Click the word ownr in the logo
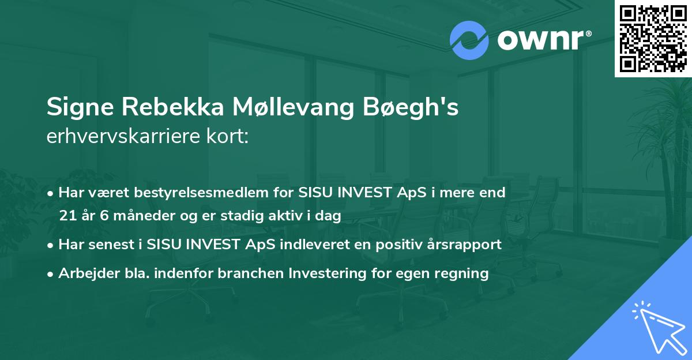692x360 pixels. (x=539, y=40)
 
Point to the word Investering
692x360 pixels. (x=332, y=273)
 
